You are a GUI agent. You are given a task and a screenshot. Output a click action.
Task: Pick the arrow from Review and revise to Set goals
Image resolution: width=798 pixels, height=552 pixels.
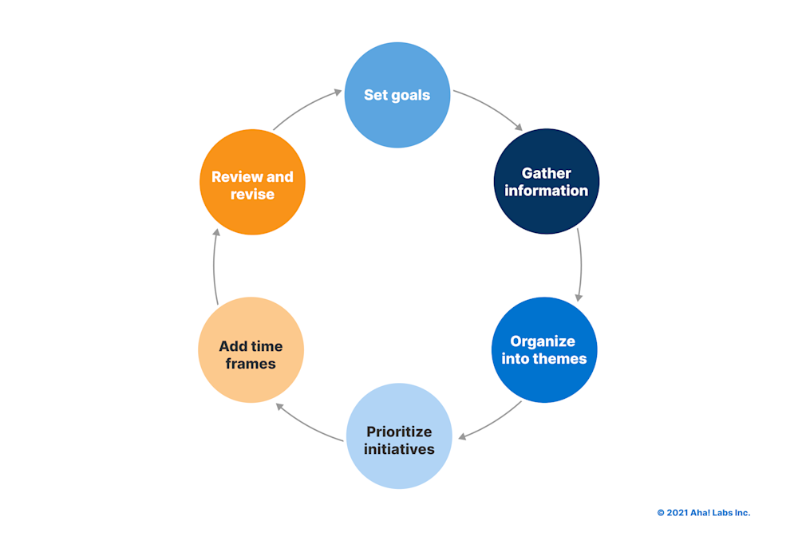coord(307,108)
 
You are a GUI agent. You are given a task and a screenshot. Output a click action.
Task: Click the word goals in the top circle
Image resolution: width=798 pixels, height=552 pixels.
coord(410,96)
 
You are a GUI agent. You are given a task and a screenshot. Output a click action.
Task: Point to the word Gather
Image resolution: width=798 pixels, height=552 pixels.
coord(547,173)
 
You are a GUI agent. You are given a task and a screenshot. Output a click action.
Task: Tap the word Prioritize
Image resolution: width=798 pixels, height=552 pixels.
coord(399,432)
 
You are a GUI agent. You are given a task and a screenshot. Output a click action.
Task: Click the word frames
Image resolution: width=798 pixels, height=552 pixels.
coord(251,364)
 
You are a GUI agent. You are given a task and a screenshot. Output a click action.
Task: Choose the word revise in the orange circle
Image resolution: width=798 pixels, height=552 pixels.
coord(252,195)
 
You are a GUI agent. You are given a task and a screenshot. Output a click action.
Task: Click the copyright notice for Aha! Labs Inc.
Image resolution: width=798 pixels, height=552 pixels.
coord(703,513)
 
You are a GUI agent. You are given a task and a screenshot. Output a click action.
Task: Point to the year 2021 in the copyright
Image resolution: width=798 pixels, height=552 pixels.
coord(675,513)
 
